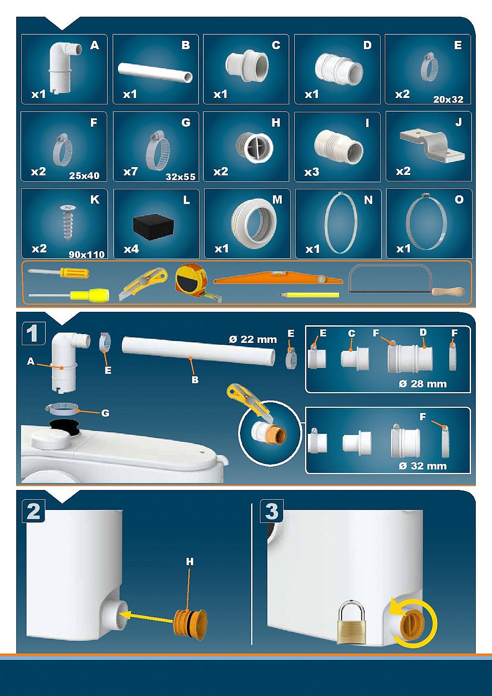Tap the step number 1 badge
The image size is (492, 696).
pos(33,334)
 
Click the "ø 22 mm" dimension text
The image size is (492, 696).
pos(252,339)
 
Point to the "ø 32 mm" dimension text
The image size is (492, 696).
pos(422,466)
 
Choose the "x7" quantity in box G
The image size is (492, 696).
pos(130,171)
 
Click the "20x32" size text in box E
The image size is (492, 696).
pos(448,99)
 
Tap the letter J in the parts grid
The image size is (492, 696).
pos(459,122)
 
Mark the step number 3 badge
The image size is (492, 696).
pos(272,511)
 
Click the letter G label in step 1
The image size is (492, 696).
pos(105,413)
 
